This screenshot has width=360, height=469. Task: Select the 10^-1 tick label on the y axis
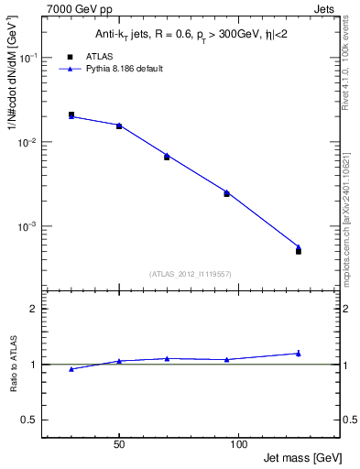pos(30,58)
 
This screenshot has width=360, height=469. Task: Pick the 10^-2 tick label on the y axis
pos(30,142)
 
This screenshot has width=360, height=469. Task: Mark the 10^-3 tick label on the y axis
pos(30,226)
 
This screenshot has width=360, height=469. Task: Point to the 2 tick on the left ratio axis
pos(34,309)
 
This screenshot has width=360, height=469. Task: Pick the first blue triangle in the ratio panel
pos(71,369)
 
